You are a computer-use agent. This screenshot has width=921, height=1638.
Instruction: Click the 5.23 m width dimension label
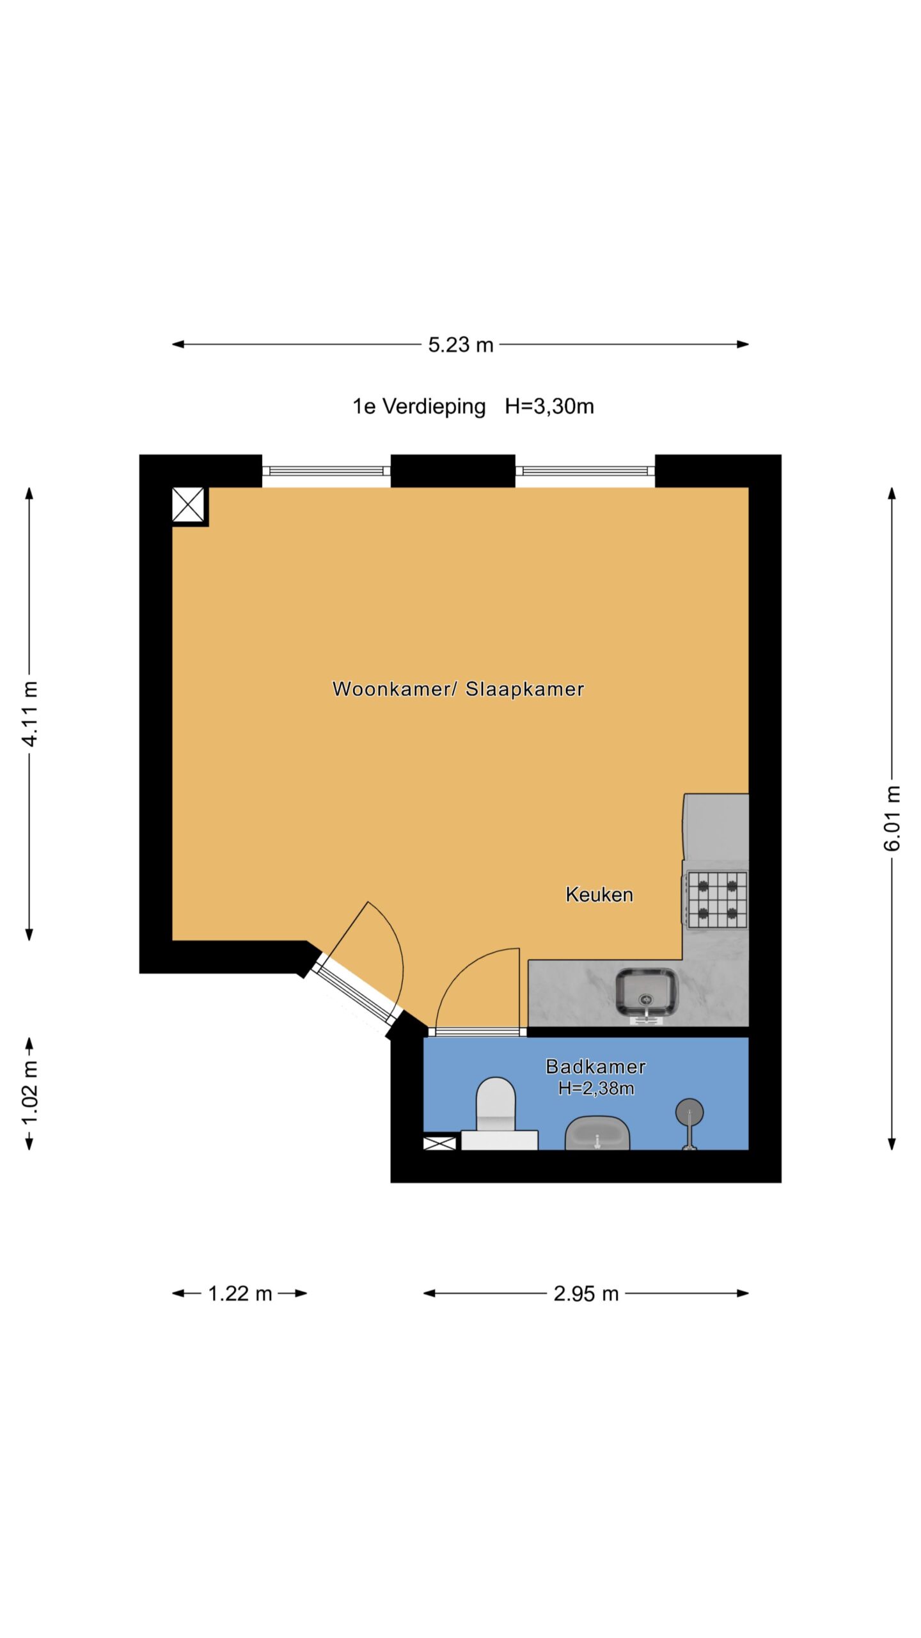pos(460,345)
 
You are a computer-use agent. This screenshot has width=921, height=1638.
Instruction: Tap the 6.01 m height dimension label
pos(892,818)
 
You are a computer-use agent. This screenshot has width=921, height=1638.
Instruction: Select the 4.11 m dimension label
pos(29,713)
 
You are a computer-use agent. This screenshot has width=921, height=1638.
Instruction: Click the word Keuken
pos(599,895)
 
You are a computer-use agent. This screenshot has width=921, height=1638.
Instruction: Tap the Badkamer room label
pos(595,1066)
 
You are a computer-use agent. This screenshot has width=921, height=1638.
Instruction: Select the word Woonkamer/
pos(395,688)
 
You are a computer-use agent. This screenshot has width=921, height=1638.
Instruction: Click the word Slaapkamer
pos(524,688)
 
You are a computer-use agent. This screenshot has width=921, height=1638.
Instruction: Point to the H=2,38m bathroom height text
pos(595,1088)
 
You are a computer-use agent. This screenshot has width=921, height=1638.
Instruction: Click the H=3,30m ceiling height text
pos(549,406)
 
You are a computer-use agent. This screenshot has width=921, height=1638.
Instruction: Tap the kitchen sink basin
pos(646,992)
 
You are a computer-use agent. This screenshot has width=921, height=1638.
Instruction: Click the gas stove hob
pos(717,900)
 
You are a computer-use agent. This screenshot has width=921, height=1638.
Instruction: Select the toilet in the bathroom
pos(498,1114)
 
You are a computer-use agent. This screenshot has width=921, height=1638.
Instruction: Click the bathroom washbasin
pos(597,1133)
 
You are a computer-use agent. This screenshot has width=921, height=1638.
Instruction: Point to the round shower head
pos(689,1112)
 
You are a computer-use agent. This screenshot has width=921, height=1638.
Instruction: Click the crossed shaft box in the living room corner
pos(188,505)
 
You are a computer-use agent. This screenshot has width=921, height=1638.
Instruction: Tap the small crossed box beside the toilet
pos(439,1143)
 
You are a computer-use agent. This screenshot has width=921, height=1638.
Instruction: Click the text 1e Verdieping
pos(419,406)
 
